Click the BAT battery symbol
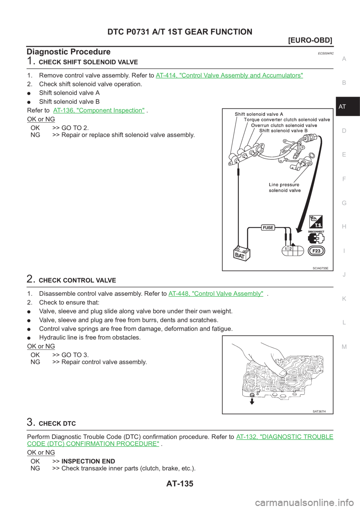click(x=240, y=254)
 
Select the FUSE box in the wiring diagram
click(x=268, y=228)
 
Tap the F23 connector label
click(x=316, y=251)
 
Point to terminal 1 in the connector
click(x=286, y=249)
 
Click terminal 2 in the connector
click(x=291, y=249)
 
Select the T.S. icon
click(x=316, y=222)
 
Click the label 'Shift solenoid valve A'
click(x=259, y=114)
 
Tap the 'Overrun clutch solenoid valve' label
click(x=284, y=125)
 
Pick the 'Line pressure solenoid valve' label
click(x=284, y=187)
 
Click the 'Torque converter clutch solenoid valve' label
click(x=287, y=120)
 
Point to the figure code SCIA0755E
click(x=320, y=268)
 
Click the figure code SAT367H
click(x=319, y=411)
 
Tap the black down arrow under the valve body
click(x=252, y=401)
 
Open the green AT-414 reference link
click(x=229, y=75)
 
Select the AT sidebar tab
click(x=342, y=106)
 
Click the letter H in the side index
click(x=344, y=227)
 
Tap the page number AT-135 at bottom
click(x=180, y=484)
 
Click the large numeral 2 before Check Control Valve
click(x=31, y=279)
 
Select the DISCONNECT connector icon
click(x=316, y=238)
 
